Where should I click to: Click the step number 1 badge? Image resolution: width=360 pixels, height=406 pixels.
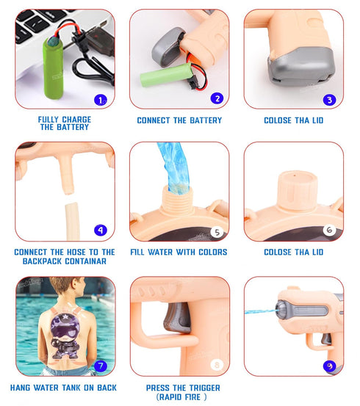point(101,100)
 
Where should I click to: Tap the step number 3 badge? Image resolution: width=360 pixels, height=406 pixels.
point(329,100)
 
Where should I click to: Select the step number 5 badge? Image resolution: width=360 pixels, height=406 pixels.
point(217,232)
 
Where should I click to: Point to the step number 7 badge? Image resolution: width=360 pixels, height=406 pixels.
point(101,366)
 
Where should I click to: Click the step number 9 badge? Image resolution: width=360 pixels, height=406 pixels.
point(329,366)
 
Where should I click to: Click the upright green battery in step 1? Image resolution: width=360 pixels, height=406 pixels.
point(54,68)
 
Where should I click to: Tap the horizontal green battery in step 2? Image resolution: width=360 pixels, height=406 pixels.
point(166,75)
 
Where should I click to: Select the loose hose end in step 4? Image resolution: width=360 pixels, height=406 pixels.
point(72,221)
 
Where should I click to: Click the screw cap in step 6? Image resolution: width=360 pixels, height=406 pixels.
point(297,190)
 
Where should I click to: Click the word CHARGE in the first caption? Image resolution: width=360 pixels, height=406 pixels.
point(76,120)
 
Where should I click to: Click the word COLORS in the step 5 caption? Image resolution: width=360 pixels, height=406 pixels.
point(213,252)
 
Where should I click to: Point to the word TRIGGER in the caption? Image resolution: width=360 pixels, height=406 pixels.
point(205,388)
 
